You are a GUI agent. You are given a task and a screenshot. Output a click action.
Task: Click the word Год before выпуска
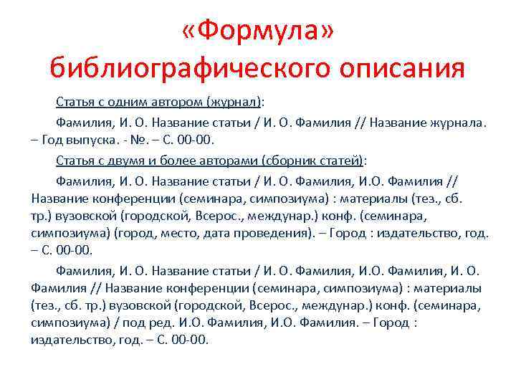(x=58, y=138)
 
